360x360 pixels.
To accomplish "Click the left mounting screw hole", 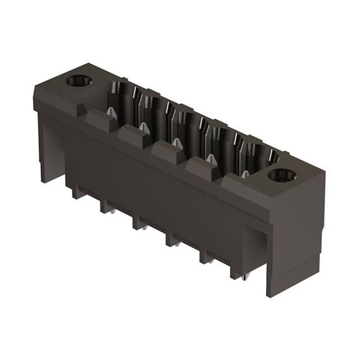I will pyautogui.click(x=78, y=81).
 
